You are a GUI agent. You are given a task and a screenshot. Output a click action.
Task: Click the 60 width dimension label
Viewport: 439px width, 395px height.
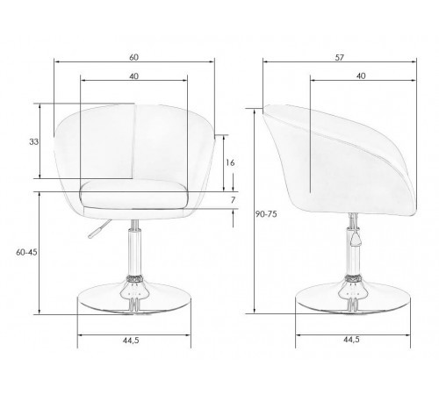pyautogui.click(x=133, y=57)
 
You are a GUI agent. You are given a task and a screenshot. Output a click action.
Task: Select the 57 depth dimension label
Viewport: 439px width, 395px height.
pyautogui.click(x=339, y=58)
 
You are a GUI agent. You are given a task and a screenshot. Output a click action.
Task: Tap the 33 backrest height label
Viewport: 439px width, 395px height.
pyautogui.click(x=33, y=142)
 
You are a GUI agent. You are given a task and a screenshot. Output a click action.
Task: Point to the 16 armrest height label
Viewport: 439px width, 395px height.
pyautogui.click(x=230, y=162)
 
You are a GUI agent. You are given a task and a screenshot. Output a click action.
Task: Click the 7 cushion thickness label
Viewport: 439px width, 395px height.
pyautogui.click(x=233, y=200)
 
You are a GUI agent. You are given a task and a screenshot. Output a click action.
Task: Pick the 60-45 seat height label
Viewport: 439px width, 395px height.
pyautogui.click(x=26, y=252)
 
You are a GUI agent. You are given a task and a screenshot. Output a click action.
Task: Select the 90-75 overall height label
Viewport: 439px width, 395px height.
pyautogui.click(x=266, y=214)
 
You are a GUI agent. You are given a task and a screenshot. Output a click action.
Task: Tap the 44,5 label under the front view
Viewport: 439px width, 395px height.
pyautogui.click(x=131, y=341)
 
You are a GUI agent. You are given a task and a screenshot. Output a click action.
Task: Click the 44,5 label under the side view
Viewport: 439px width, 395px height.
pyautogui.click(x=351, y=340)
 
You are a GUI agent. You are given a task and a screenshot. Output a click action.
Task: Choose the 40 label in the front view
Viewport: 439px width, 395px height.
pyautogui.click(x=133, y=76)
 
